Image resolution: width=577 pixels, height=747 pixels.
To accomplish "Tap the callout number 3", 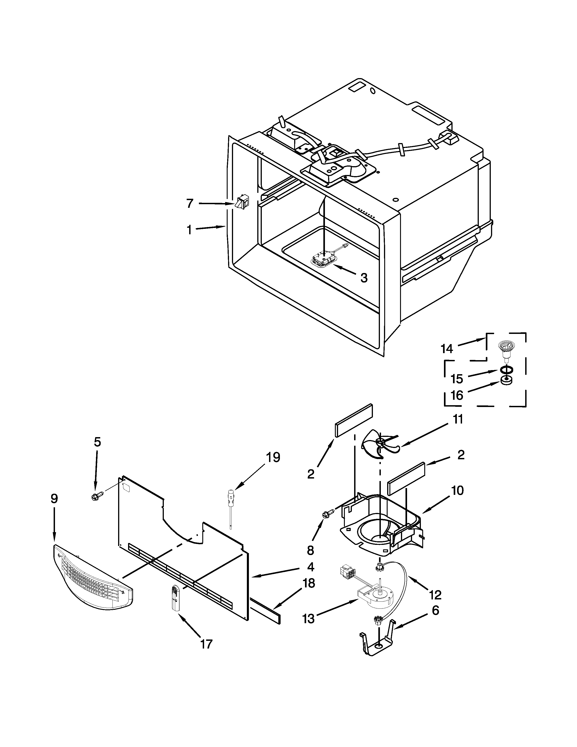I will coord(364,278).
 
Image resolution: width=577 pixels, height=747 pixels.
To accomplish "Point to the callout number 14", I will coord(447,349).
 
